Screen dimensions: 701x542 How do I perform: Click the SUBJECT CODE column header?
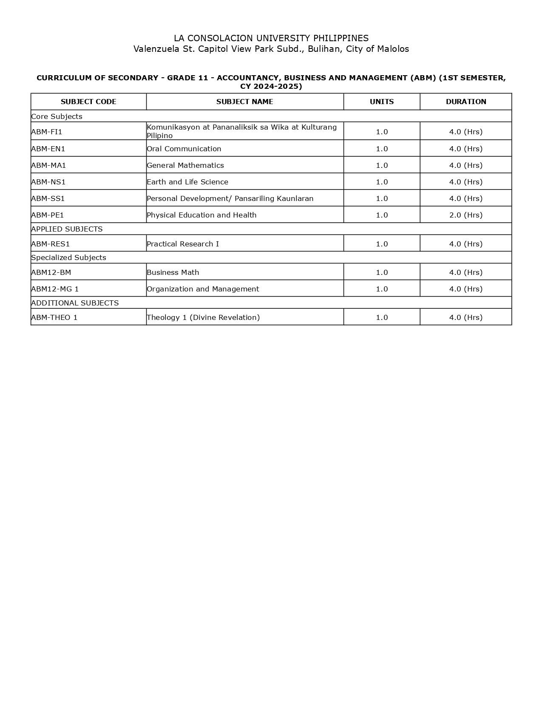88,102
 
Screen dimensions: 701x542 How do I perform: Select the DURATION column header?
466,102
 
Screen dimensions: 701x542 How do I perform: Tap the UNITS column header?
382,102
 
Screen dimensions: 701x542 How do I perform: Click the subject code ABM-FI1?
47,132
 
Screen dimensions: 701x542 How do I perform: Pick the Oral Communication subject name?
184,149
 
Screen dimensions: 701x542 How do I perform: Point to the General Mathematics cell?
185,165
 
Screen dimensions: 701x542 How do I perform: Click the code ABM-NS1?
48,182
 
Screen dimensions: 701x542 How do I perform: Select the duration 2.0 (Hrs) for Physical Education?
466,215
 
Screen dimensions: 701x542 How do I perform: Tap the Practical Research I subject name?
183,244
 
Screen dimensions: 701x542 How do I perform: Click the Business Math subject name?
173,272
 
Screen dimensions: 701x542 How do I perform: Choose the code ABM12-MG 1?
55,289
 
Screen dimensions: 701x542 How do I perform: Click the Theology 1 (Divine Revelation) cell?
203,317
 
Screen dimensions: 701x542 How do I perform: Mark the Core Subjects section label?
57,116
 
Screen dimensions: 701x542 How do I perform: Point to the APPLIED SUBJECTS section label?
67,229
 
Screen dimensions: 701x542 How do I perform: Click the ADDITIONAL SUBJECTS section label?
75,303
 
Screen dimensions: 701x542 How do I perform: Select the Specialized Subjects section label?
68,257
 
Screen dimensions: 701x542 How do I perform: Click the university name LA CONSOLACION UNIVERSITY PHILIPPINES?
271,38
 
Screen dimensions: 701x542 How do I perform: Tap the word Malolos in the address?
393,49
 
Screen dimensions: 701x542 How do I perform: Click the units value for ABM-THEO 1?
382,317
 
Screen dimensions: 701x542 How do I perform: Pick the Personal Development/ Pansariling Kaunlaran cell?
230,198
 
